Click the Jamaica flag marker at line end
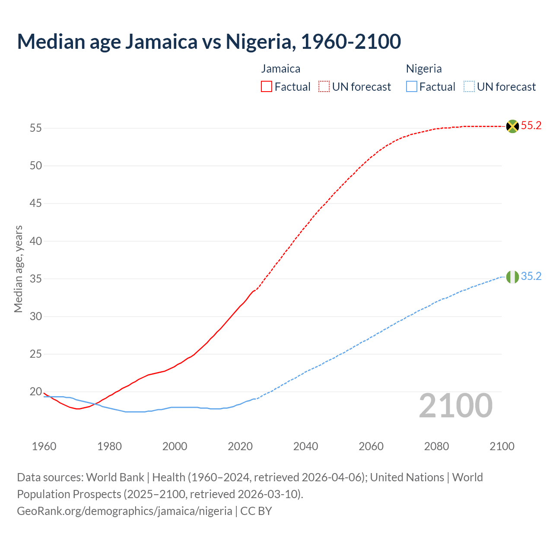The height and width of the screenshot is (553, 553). tap(512, 126)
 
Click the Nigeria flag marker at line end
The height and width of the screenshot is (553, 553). tap(512, 277)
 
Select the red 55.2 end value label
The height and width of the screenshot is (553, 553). tap(531, 126)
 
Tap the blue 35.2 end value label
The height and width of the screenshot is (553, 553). tap(531, 276)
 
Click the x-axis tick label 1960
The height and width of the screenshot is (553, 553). tap(44, 446)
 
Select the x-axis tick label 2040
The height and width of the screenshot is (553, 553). tap(305, 446)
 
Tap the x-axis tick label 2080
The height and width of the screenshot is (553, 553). tap(436, 446)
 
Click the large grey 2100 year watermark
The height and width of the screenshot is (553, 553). tap(455, 405)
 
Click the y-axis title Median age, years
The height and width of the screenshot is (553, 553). tap(18, 269)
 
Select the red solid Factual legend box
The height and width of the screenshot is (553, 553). tap(267, 87)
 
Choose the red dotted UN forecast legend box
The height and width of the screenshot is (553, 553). tap(324, 87)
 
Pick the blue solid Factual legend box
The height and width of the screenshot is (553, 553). tap(412, 87)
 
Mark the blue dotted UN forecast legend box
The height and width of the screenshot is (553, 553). tap(469, 87)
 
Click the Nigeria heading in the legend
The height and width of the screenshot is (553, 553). tap(424, 69)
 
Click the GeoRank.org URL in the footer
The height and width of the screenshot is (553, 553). tap(124, 511)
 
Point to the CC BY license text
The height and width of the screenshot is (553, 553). tap(256, 511)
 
